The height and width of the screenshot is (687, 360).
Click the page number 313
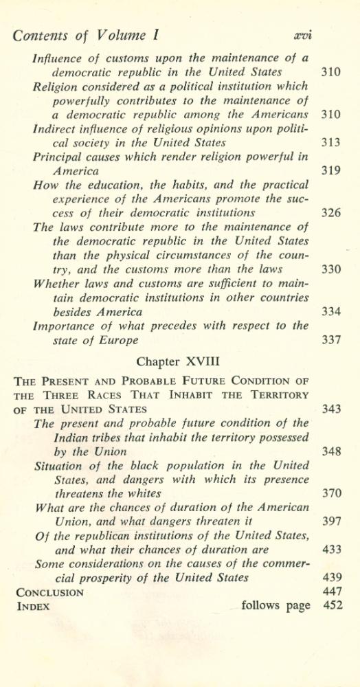pos(330,143)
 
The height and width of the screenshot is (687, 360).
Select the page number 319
pos(330,170)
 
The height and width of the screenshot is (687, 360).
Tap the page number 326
pos(330,213)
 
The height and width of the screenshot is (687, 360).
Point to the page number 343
pos(330,409)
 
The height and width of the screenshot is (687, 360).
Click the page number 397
pos(330,521)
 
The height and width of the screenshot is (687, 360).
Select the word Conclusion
pos(49,592)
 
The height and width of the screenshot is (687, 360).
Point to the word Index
pos(33,606)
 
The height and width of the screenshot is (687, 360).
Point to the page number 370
pos(330,493)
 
